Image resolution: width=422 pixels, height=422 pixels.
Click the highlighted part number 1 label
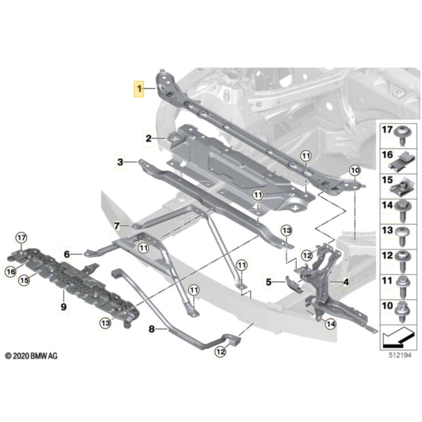click(140, 89)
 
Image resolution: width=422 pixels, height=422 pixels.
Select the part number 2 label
click(149, 139)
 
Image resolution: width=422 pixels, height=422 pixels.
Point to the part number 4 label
click(346, 282)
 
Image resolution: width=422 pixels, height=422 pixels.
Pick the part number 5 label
click(269, 282)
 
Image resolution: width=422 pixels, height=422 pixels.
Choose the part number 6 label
click(67, 254)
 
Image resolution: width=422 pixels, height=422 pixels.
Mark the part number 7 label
click(117, 225)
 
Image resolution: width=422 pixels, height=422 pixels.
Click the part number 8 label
click(152, 329)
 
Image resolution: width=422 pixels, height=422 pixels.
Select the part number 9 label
click(63, 307)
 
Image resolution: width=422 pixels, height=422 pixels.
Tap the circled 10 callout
click(355, 171)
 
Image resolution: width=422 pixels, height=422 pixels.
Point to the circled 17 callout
click(21, 238)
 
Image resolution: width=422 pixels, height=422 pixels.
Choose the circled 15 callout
click(24, 280)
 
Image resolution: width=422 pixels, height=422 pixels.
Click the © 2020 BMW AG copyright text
click(31, 356)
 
